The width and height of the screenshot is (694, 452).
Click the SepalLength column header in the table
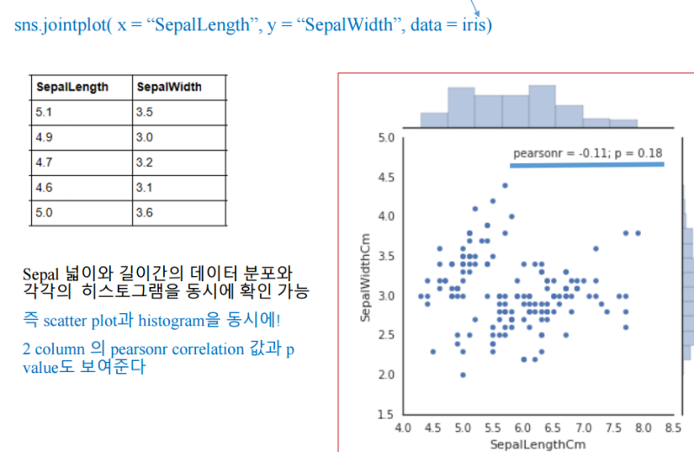click(72, 88)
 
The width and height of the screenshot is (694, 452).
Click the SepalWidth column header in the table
click(168, 88)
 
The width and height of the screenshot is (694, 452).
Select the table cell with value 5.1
click(45, 112)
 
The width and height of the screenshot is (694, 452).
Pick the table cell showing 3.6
click(145, 213)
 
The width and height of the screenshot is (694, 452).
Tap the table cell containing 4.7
click(45, 162)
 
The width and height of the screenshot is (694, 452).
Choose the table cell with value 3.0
click(145, 137)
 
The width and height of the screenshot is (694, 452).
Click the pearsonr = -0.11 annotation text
click(587, 154)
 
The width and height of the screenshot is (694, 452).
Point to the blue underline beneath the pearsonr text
click(586, 164)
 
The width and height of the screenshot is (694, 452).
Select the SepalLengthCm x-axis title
click(532, 444)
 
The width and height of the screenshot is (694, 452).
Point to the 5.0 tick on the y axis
click(387, 138)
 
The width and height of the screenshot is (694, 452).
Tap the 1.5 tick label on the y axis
click(387, 415)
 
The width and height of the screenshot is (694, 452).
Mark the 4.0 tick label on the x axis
click(403, 429)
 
